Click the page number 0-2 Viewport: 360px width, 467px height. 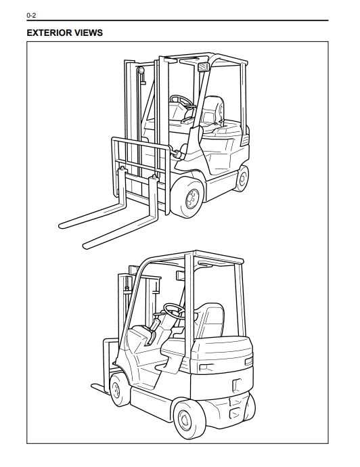(x=31, y=15)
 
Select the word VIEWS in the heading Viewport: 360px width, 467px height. (x=89, y=32)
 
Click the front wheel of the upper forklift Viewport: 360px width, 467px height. (x=189, y=197)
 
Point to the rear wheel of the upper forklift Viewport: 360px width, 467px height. (x=242, y=179)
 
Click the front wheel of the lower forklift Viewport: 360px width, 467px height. (x=118, y=390)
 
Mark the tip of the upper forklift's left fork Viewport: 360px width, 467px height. (x=60, y=225)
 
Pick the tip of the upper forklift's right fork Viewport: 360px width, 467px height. (x=85, y=246)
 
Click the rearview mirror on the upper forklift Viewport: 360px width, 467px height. (x=203, y=67)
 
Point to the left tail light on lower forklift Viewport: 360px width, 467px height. (x=205, y=368)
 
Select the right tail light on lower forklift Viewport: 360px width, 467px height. (x=248, y=361)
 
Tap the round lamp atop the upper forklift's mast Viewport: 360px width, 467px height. (x=141, y=70)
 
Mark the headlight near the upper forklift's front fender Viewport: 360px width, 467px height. (x=178, y=154)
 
